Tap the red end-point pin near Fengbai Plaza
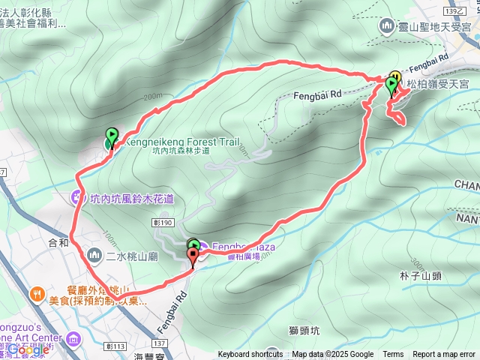pyautogui.click(x=193, y=256)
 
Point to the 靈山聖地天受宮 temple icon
pyautogui.click(x=387, y=27)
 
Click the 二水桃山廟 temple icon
pyautogui.click(x=94, y=256)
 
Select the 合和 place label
pyautogui.click(x=58, y=222)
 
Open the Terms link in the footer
pyautogui.click(x=393, y=355)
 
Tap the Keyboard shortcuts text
pyautogui.click(x=250, y=355)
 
